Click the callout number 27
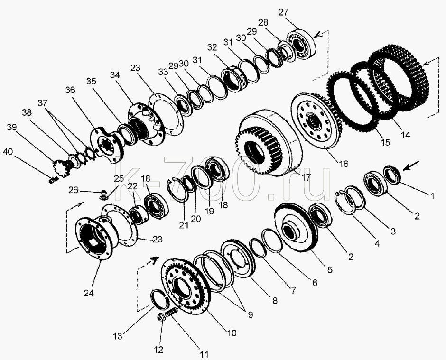click(283, 12)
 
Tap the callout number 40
click(8, 152)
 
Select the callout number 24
click(88, 293)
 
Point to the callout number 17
click(306, 177)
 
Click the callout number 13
click(118, 336)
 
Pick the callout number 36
click(70, 90)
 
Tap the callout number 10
click(232, 332)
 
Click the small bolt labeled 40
click(53, 180)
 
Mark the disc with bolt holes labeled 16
click(315, 121)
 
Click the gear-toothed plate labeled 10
click(186, 287)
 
